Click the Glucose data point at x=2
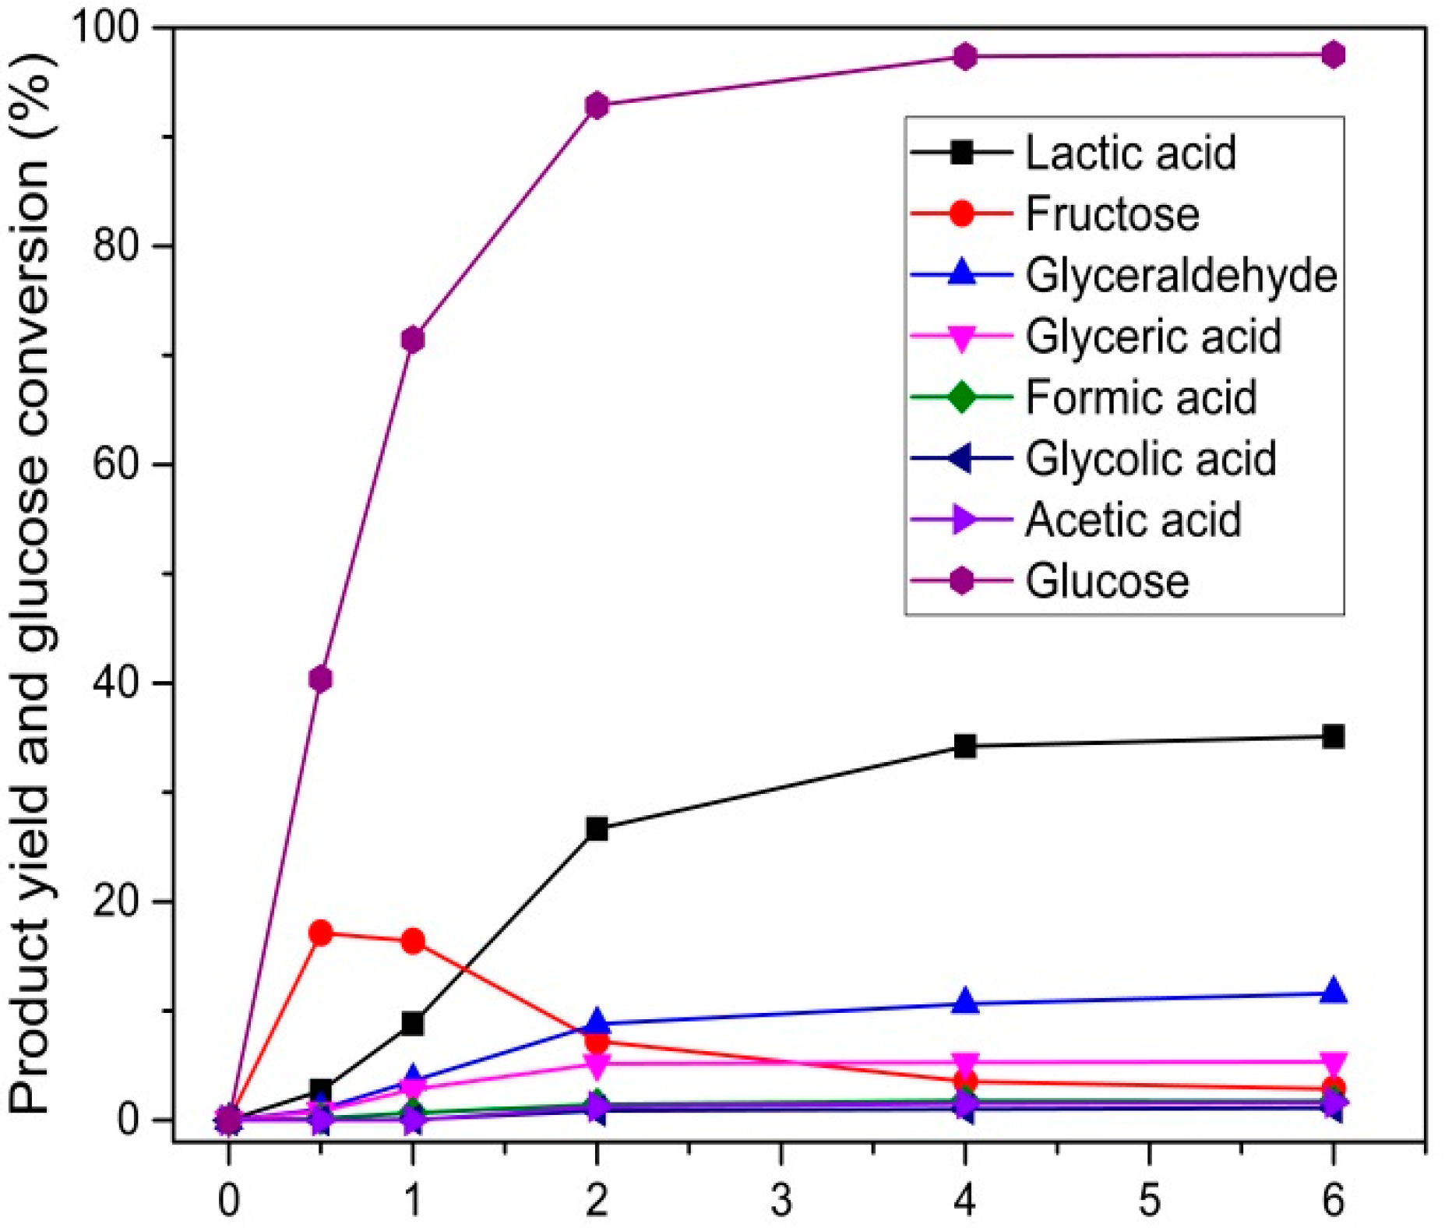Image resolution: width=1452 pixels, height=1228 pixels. coord(597,105)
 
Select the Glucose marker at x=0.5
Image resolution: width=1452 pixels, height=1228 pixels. coord(320,679)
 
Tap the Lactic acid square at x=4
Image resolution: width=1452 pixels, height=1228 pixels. coord(965,746)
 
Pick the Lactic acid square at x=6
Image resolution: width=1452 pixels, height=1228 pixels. coord(1334,736)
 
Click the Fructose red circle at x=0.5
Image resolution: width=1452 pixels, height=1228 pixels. coord(320,933)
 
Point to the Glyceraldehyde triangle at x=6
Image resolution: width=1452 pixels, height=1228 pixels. coord(1334,992)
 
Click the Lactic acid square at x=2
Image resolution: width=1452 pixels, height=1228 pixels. coord(597,828)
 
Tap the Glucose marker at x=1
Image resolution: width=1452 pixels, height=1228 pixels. coord(413,340)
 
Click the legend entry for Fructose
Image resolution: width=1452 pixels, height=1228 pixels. coord(1112,213)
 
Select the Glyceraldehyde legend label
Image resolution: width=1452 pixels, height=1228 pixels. coord(1180,275)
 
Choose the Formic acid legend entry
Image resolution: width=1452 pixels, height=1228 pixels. coord(1140,397)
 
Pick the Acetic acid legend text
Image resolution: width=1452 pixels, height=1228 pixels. coord(1133,520)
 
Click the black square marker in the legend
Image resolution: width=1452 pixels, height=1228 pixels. coord(962,152)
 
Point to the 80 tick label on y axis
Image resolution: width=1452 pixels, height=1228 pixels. coord(120,245)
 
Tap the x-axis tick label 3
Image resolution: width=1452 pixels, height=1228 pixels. coord(781,1200)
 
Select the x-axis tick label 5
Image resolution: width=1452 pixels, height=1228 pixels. coord(1150,1200)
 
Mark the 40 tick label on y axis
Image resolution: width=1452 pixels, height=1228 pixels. coord(120,683)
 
